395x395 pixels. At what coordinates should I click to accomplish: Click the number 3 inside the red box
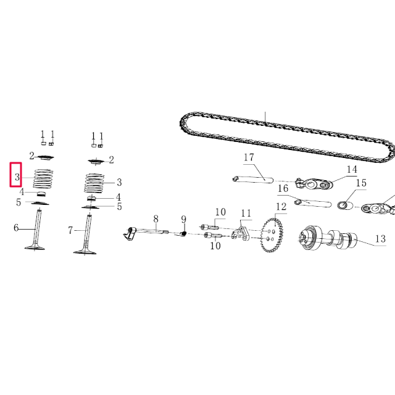[17, 178]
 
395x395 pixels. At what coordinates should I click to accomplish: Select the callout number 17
[249, 158]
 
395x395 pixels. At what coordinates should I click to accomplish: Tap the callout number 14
[351, 169]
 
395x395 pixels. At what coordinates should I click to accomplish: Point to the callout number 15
[361, 183]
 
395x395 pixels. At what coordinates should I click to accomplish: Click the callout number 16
[283, 188]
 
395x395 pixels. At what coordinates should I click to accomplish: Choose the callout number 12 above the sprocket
[281, 207]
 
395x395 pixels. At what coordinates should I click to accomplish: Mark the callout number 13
[380, 239]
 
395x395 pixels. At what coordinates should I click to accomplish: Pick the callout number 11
[246, 214]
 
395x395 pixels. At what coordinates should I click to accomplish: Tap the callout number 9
[183, 219]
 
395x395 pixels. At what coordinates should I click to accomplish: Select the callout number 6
[17, 228]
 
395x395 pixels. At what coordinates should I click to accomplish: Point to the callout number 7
[71, 230]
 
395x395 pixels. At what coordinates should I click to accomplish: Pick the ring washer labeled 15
[344, 206]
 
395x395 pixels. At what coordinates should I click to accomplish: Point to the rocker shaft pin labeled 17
[252, 179]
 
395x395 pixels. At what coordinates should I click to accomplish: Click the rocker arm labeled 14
[314, 183]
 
